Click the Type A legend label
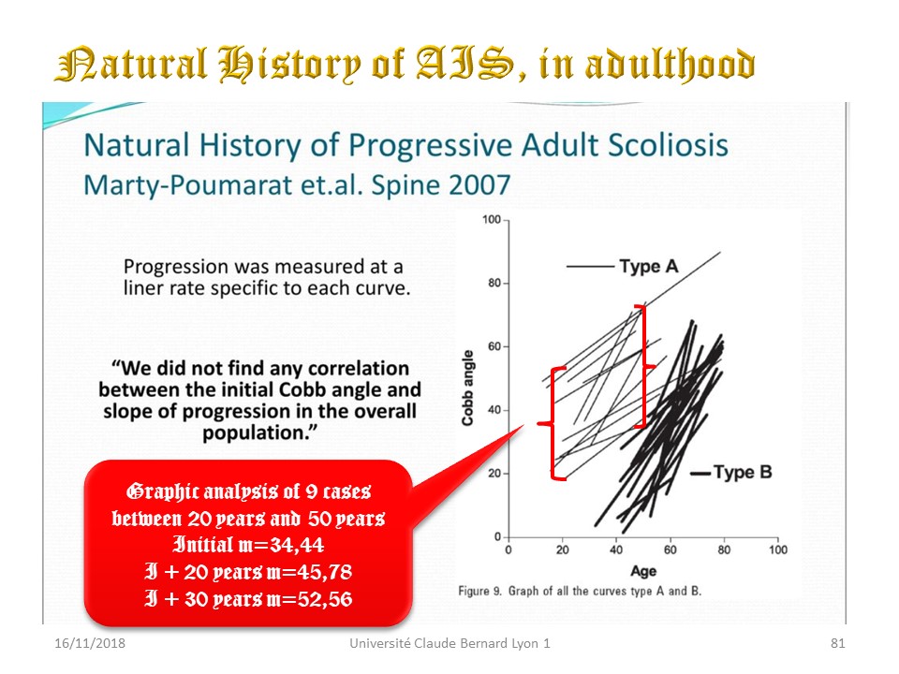[648, 267]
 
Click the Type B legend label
[743, 472]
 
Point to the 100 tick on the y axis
[492, 219]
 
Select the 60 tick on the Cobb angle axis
[494, 346]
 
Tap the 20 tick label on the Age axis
[563, 549]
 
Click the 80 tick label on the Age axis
[724, 549]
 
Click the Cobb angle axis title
[468, 388]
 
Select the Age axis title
[643, 571]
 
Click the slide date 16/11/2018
[90, 643]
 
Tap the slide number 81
[837, 643]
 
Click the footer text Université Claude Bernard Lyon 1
[449, 643]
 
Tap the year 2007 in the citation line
[479, 185]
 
